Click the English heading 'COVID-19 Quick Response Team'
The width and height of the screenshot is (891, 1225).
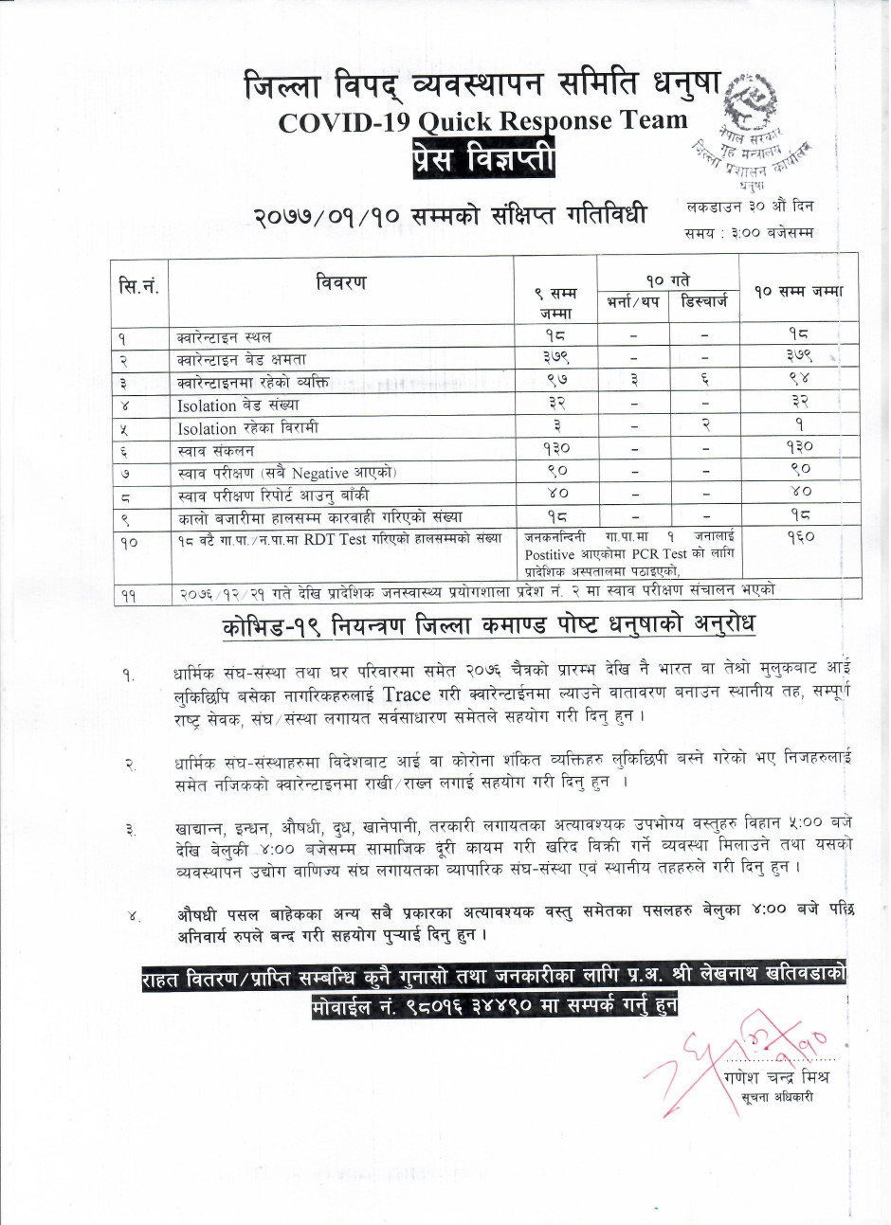tap(482, 121)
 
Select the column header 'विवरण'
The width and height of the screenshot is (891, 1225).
tap(340, 282)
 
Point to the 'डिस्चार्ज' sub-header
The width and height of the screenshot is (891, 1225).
tap(704, 302)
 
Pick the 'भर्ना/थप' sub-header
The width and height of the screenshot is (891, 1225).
tap(633, 302)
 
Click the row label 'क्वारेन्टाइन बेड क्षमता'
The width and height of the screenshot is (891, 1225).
tap(242, 360)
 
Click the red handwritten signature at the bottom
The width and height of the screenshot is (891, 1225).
tap(720, 1056)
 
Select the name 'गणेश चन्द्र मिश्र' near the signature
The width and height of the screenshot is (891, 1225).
tap(774, 1077)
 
